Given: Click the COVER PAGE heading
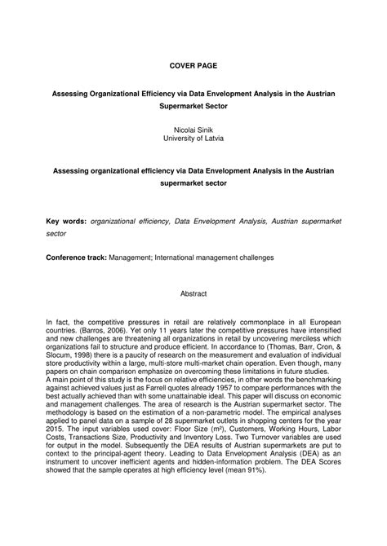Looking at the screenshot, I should coord(193,63).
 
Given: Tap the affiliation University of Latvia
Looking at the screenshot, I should coord(193,139).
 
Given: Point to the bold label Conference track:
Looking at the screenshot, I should coord(75,258).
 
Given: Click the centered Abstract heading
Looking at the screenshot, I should coord(193,293).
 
